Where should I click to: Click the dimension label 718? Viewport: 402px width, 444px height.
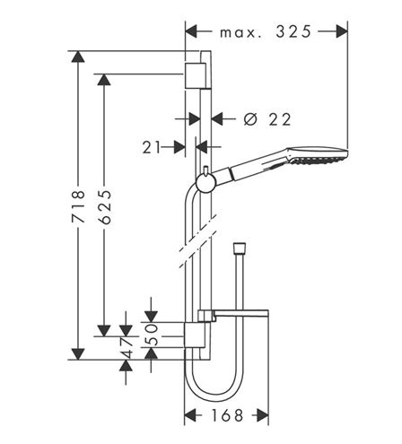click(x=79, y=206)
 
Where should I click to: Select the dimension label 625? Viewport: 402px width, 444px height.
click(x=105, y=206)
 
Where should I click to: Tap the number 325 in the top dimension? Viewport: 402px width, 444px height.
click(x=293, y=31)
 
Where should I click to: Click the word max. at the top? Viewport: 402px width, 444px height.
click(x=240, y=33)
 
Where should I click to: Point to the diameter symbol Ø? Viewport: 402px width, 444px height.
click(x=250, y=119)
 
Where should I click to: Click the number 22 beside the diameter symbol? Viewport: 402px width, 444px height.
click(x=280, y=119)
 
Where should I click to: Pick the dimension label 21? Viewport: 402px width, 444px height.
click(x=152, y=147)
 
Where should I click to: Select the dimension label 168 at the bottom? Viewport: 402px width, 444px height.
click(x=227, y=415)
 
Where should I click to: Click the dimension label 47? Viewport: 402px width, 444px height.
click(x=126, y=348)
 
